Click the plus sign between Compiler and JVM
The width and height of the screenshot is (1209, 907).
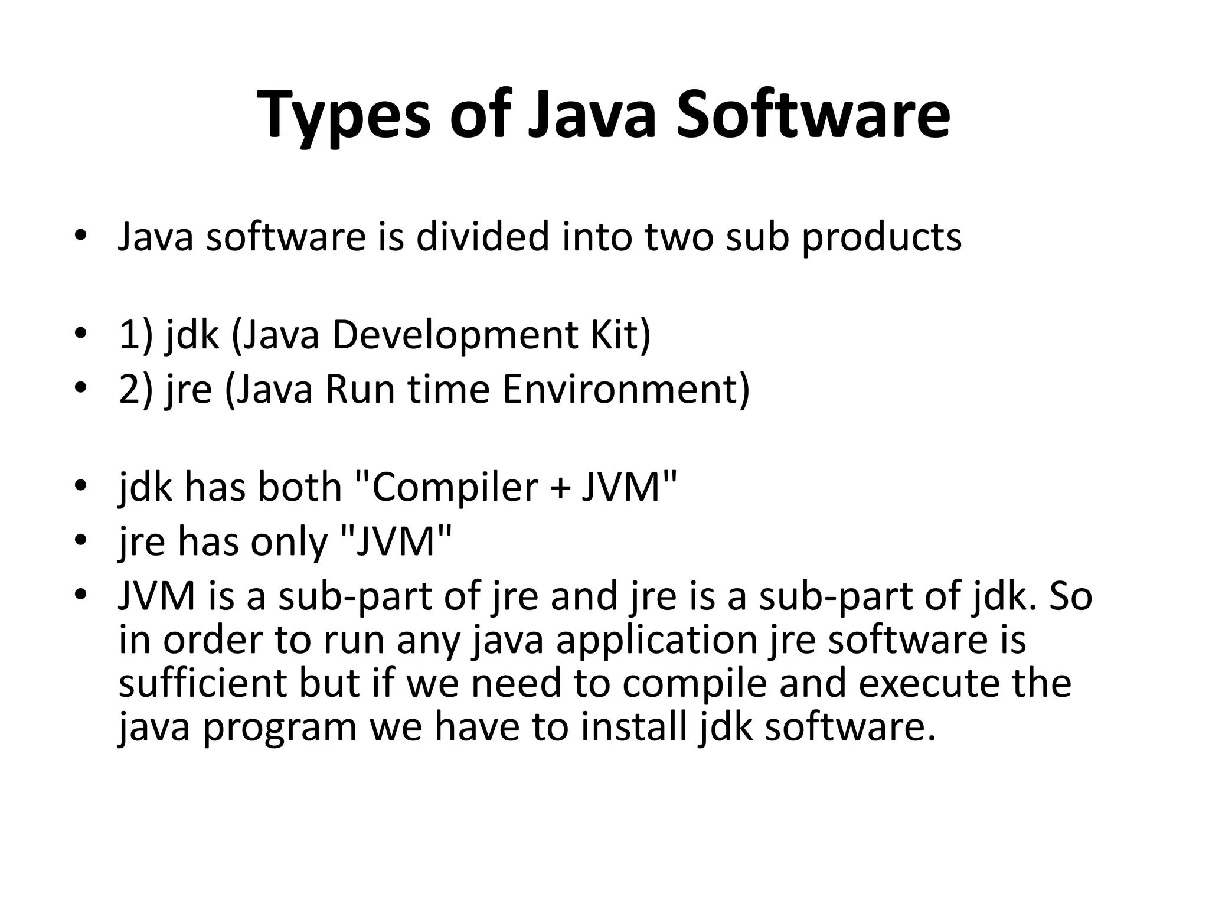pos(563,489)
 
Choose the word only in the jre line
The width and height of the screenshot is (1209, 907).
pos(288,542)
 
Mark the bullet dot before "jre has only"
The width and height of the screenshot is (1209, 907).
pos(81,540)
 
